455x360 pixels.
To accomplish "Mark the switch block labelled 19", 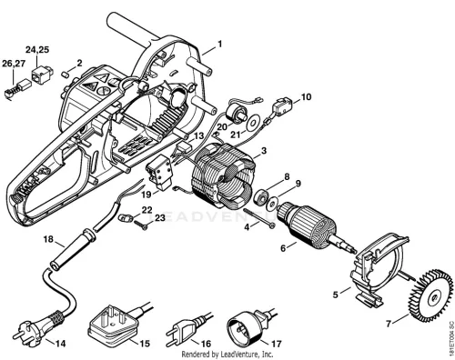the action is coord(159,173).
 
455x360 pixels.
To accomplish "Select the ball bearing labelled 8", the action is coord(262,196).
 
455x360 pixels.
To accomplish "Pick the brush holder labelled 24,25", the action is coord(42,75).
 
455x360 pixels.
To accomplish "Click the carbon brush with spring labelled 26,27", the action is coord(17,88).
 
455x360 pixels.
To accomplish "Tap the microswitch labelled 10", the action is coord(280,106).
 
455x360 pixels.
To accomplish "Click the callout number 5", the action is coord(335,295).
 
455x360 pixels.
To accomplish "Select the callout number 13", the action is coord(198,136).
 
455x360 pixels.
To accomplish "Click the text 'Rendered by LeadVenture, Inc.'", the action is coord(227,354).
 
